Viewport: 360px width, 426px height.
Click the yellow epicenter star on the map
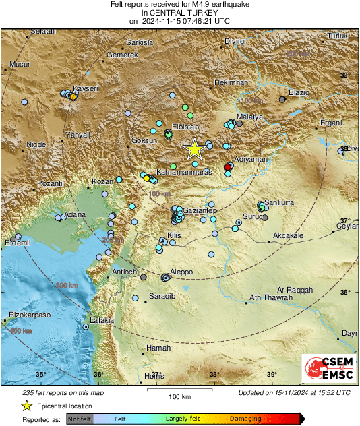[x=194, y=148]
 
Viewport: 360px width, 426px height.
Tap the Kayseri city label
[x=86, y=88]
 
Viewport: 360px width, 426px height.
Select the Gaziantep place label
[x=200, y=211]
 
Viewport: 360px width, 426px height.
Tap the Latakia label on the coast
[x=101, y=320]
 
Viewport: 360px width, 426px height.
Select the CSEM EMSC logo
[x=326, y=369]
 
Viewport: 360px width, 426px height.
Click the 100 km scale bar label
[x=179, y=396]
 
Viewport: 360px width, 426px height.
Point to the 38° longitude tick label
[x=214, y=375]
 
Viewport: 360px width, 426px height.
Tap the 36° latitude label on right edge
[x=344, y=293]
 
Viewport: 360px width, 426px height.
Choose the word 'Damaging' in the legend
[x=245, y=418]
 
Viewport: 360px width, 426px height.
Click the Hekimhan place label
[x=231, y=82]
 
